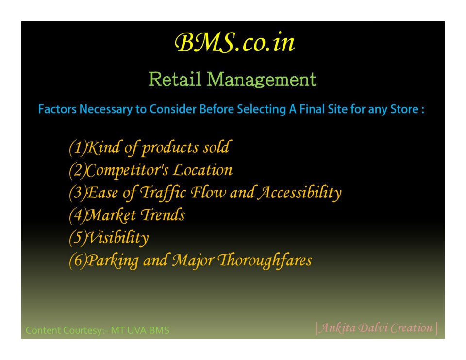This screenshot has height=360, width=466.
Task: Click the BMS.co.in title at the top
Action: pos(234,43)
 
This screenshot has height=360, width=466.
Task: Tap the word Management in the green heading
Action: pos(262,80)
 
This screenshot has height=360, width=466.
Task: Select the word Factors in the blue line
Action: pos(57,109)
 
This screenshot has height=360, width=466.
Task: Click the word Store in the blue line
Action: pos(404,109)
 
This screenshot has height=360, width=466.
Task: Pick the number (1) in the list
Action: pos(78,147)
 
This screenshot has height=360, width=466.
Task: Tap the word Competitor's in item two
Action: pos(128,170)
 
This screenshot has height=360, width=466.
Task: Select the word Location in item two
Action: pos(203,170)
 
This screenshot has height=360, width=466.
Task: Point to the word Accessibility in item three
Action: pos(300,193)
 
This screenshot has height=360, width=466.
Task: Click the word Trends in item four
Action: pos(163,215)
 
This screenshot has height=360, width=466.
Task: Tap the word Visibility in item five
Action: pos(117,238)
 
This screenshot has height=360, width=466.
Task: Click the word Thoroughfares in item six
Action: pos(265,261)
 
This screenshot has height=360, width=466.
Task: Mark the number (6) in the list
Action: pos(78,260)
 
